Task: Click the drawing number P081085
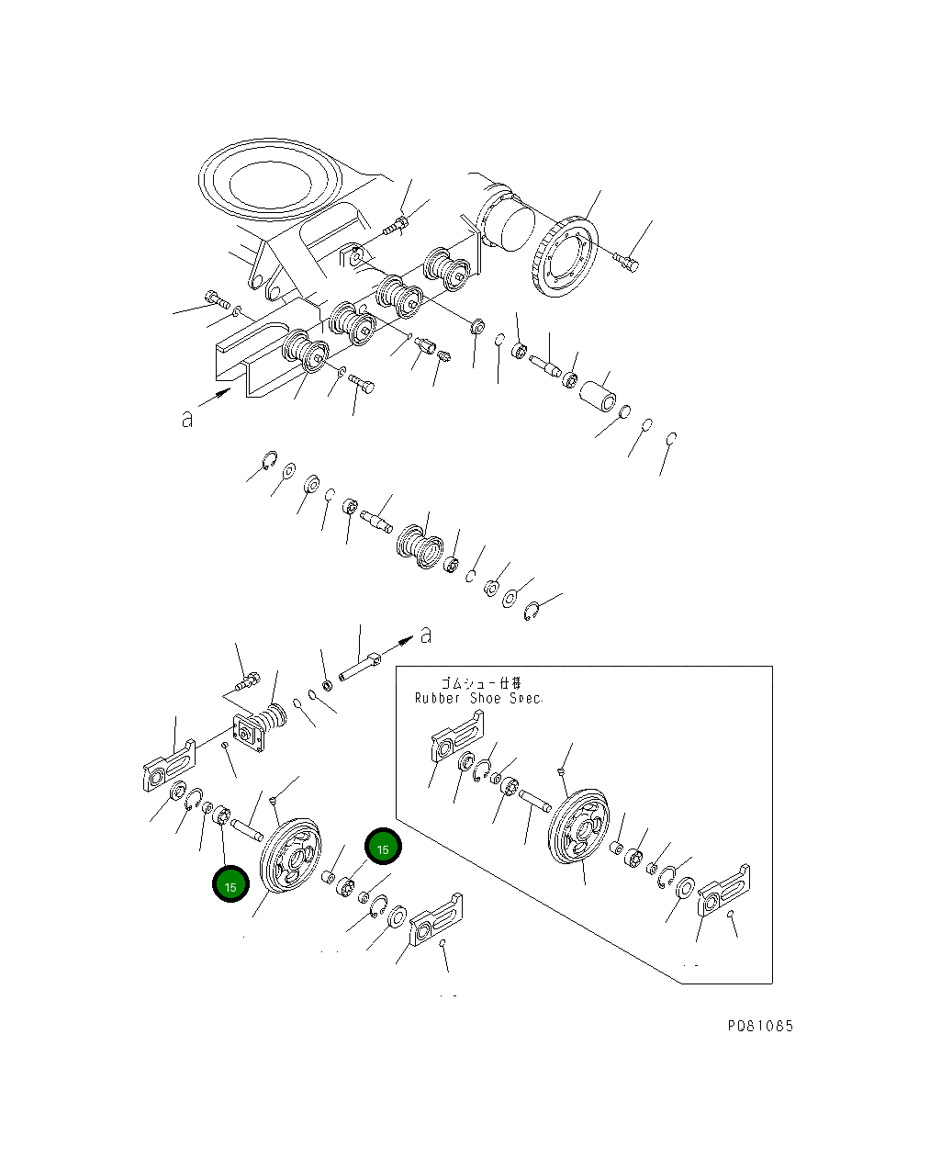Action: click(760, 1026)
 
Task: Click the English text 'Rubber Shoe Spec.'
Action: click(478, 698)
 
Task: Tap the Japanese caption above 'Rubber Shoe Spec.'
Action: click(480, 682)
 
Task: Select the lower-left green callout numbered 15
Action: click(230, 886)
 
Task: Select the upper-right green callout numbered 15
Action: click(383, 849)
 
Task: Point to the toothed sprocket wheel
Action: click(564, 256)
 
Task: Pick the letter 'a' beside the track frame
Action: click(187, 419)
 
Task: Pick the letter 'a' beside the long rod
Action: click(425, 634)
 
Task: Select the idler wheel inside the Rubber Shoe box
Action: click(577, 826)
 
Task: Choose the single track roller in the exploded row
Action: click(420, 545)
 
